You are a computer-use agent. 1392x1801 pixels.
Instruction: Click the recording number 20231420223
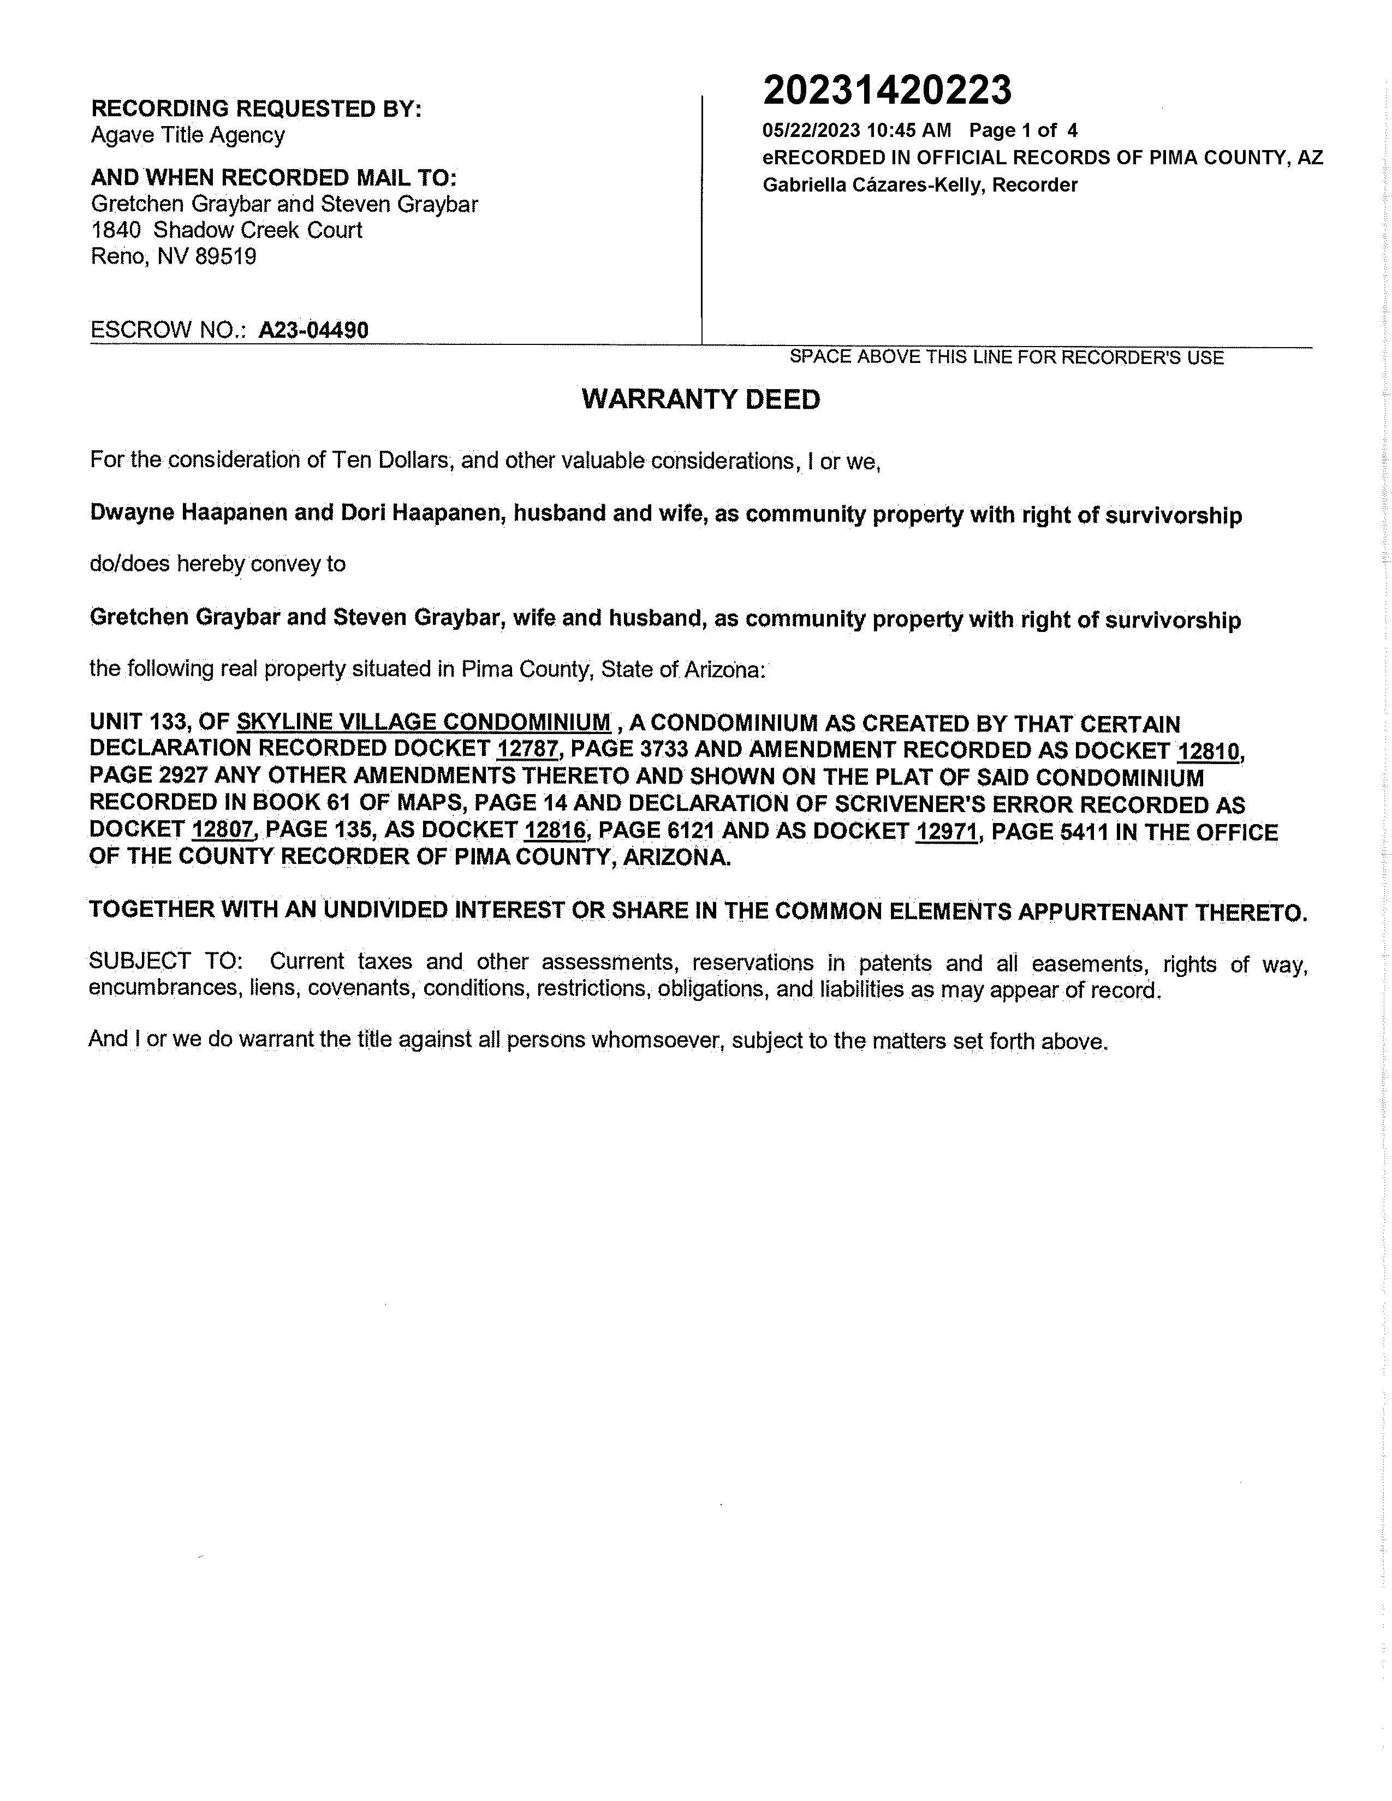pyautogui.click(x=887, y=91)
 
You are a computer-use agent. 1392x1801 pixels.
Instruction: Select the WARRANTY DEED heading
pyautogui.click(x=701, y=400)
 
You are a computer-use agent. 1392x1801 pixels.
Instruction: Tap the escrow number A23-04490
pyautogui.click(x=313, y=331)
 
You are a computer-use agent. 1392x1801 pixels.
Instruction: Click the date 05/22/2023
pyautogui.click(x=811, y=130)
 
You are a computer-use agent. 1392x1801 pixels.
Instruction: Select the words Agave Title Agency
pyautogui.click(x=188, y=135)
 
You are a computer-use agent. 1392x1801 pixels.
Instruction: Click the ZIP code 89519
pyautogui.click(x=225, y=257)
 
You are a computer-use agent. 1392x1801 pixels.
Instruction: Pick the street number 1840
pyautogui.click(x=115, y=230)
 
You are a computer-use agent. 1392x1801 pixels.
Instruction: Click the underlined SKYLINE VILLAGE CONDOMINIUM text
pyautogui.click(x=424, y=723)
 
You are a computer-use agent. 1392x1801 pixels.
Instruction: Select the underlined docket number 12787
pyautogui.click(x=528, y=749)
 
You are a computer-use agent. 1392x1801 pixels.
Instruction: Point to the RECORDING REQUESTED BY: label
pyautogui.click(x=255, y=109)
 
